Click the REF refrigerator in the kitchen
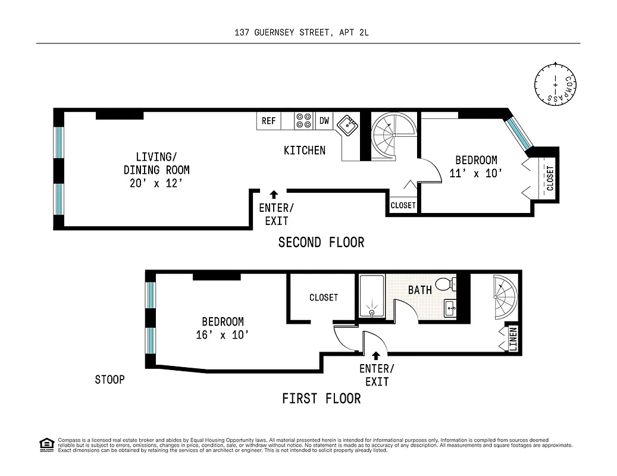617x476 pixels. tap(269, 121)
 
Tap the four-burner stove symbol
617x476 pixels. tap(304, 121)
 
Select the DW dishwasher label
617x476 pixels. tap(324, 121)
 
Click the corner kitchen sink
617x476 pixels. tap(347, 126)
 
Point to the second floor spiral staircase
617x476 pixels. tap(393, 136)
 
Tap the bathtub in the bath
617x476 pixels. tap(372, 296)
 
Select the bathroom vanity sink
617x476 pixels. tap(450, 308)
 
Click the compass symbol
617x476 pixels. tap(555, 84)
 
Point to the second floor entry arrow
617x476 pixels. tap(274, 195)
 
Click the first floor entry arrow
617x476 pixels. tap(376, 356)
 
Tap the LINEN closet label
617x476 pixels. tap(513, 339)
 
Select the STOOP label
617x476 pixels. tap(110, 380)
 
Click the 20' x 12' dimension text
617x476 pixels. tap(156, 183)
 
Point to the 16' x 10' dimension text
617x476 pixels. tap(223, 335)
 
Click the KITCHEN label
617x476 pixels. tap(305, 151)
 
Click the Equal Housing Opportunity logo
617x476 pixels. tap(47, 445)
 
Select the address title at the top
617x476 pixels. tap(302, 33)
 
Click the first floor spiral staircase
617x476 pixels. tap(505, 297)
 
